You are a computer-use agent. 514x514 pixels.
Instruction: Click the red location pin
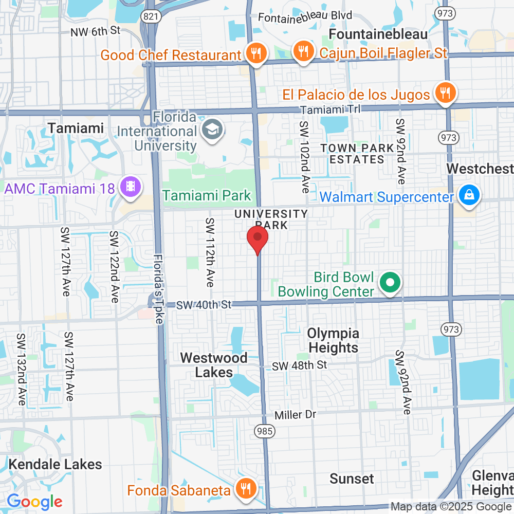pyautogui.click(x=258, y=240)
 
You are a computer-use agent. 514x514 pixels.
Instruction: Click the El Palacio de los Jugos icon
pyautogui.click(x=445, y=93)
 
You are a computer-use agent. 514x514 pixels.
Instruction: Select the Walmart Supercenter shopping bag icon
pyautogui.click(x=469, y=196)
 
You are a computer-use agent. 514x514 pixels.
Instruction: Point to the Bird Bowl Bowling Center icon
pyautogui.click(x=390, y=283)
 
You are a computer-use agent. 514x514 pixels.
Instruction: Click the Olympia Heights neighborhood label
pyautogui.click(x=333, y=340)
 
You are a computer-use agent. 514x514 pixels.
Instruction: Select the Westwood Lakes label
pyautogui.click(x=214, y=364)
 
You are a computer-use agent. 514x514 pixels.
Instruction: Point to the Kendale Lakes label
pyautogui.click(x=55, y=464)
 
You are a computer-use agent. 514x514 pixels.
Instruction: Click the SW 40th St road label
pyautogui.click(x=205, y=305)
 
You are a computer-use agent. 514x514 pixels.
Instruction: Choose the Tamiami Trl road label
pyautogui.click(x=331, y=109)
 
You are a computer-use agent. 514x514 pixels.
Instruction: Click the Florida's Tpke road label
pyautogui.click(x=157, y=288)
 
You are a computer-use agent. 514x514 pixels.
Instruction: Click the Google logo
pyautogui.click(x=34, y=501)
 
